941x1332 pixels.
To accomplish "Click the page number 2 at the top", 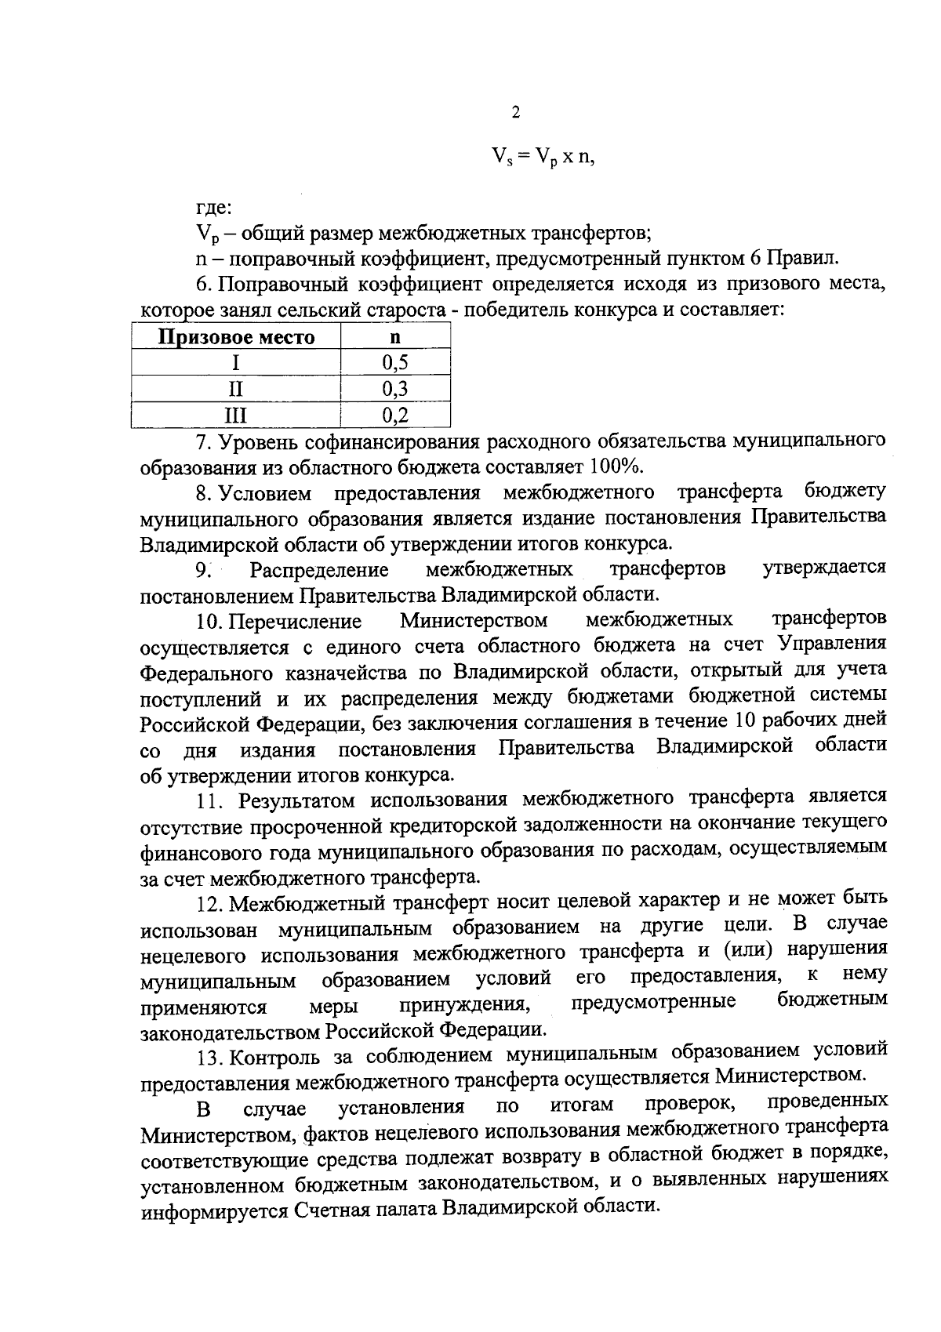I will point(515,113).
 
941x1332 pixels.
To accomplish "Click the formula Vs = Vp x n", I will point(543,156).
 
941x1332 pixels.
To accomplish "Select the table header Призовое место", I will point(236,338).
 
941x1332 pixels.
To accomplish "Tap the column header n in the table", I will point(395,337).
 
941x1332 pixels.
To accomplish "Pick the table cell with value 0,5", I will point(395,363).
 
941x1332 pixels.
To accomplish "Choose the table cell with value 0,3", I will point(395,389).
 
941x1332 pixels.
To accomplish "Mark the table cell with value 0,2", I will point(395,415).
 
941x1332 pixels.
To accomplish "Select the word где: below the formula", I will point(213,208).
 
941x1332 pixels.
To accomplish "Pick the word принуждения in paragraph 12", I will point(462,1004).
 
